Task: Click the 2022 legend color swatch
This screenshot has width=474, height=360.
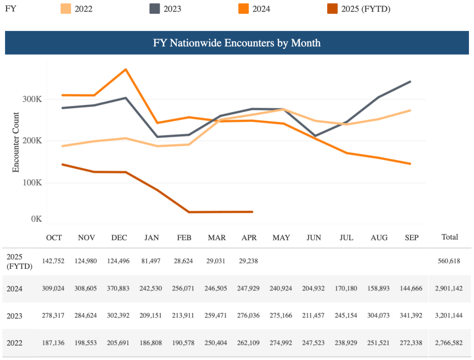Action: pos(66,8)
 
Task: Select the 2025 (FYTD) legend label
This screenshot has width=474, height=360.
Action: pos(366,8)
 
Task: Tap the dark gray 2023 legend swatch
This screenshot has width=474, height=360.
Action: pos(155,8)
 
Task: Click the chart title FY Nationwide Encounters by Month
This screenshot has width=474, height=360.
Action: pos(237,43)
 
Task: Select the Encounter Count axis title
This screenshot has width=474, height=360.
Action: pos(16,143)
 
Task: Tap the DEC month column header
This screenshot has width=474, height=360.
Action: pos(119,237)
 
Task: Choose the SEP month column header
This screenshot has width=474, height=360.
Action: pos(411,237)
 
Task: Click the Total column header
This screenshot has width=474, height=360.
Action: pos(449,237)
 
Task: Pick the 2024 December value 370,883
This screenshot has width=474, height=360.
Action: pos(119,289)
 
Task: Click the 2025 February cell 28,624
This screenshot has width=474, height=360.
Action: pos(184,261)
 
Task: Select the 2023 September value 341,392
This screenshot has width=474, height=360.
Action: pos(411,316)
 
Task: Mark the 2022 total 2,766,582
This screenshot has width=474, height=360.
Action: pos(449,343)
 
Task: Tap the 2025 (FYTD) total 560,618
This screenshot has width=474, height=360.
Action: pos(449,261)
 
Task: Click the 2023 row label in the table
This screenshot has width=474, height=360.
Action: pos(15,316)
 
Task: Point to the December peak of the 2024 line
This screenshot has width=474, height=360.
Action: pos(126,69)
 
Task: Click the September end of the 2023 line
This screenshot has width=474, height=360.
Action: pos(410,81)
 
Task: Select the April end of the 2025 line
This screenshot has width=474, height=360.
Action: pos(252,212)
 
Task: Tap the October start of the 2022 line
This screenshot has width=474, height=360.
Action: pos(62,146)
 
